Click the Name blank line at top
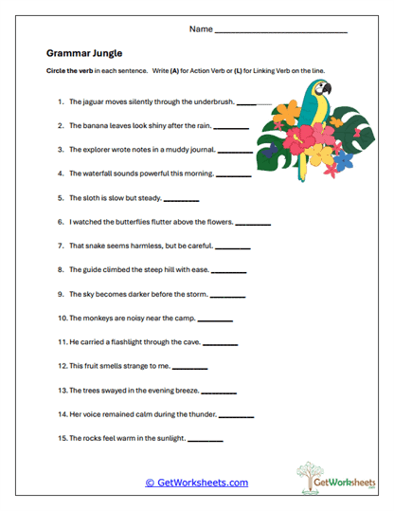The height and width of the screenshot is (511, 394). [x=281, y=31]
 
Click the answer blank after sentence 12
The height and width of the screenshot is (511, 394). [x=189, y=367]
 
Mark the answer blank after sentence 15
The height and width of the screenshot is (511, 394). [x=206, y=440]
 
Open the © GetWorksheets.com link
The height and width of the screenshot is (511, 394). [x=196, y=483]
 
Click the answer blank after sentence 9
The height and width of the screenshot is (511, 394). [x=227, y=295]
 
